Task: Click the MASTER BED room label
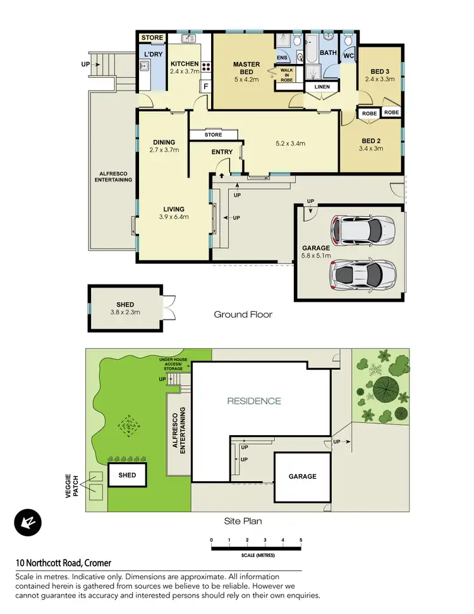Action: [246, 64]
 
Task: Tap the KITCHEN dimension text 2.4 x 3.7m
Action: [185, 72]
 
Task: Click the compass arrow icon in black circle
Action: [27, 523]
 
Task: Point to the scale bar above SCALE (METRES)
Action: [256, 548]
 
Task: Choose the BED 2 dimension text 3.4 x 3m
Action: [371, 149]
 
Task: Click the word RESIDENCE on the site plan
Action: [254, 401]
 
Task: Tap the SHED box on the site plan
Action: [127, 474]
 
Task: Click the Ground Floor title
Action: [243, 314]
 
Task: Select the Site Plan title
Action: [243, 521]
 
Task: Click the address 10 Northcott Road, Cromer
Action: [63, 563]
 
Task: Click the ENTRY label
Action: [222, 152]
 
